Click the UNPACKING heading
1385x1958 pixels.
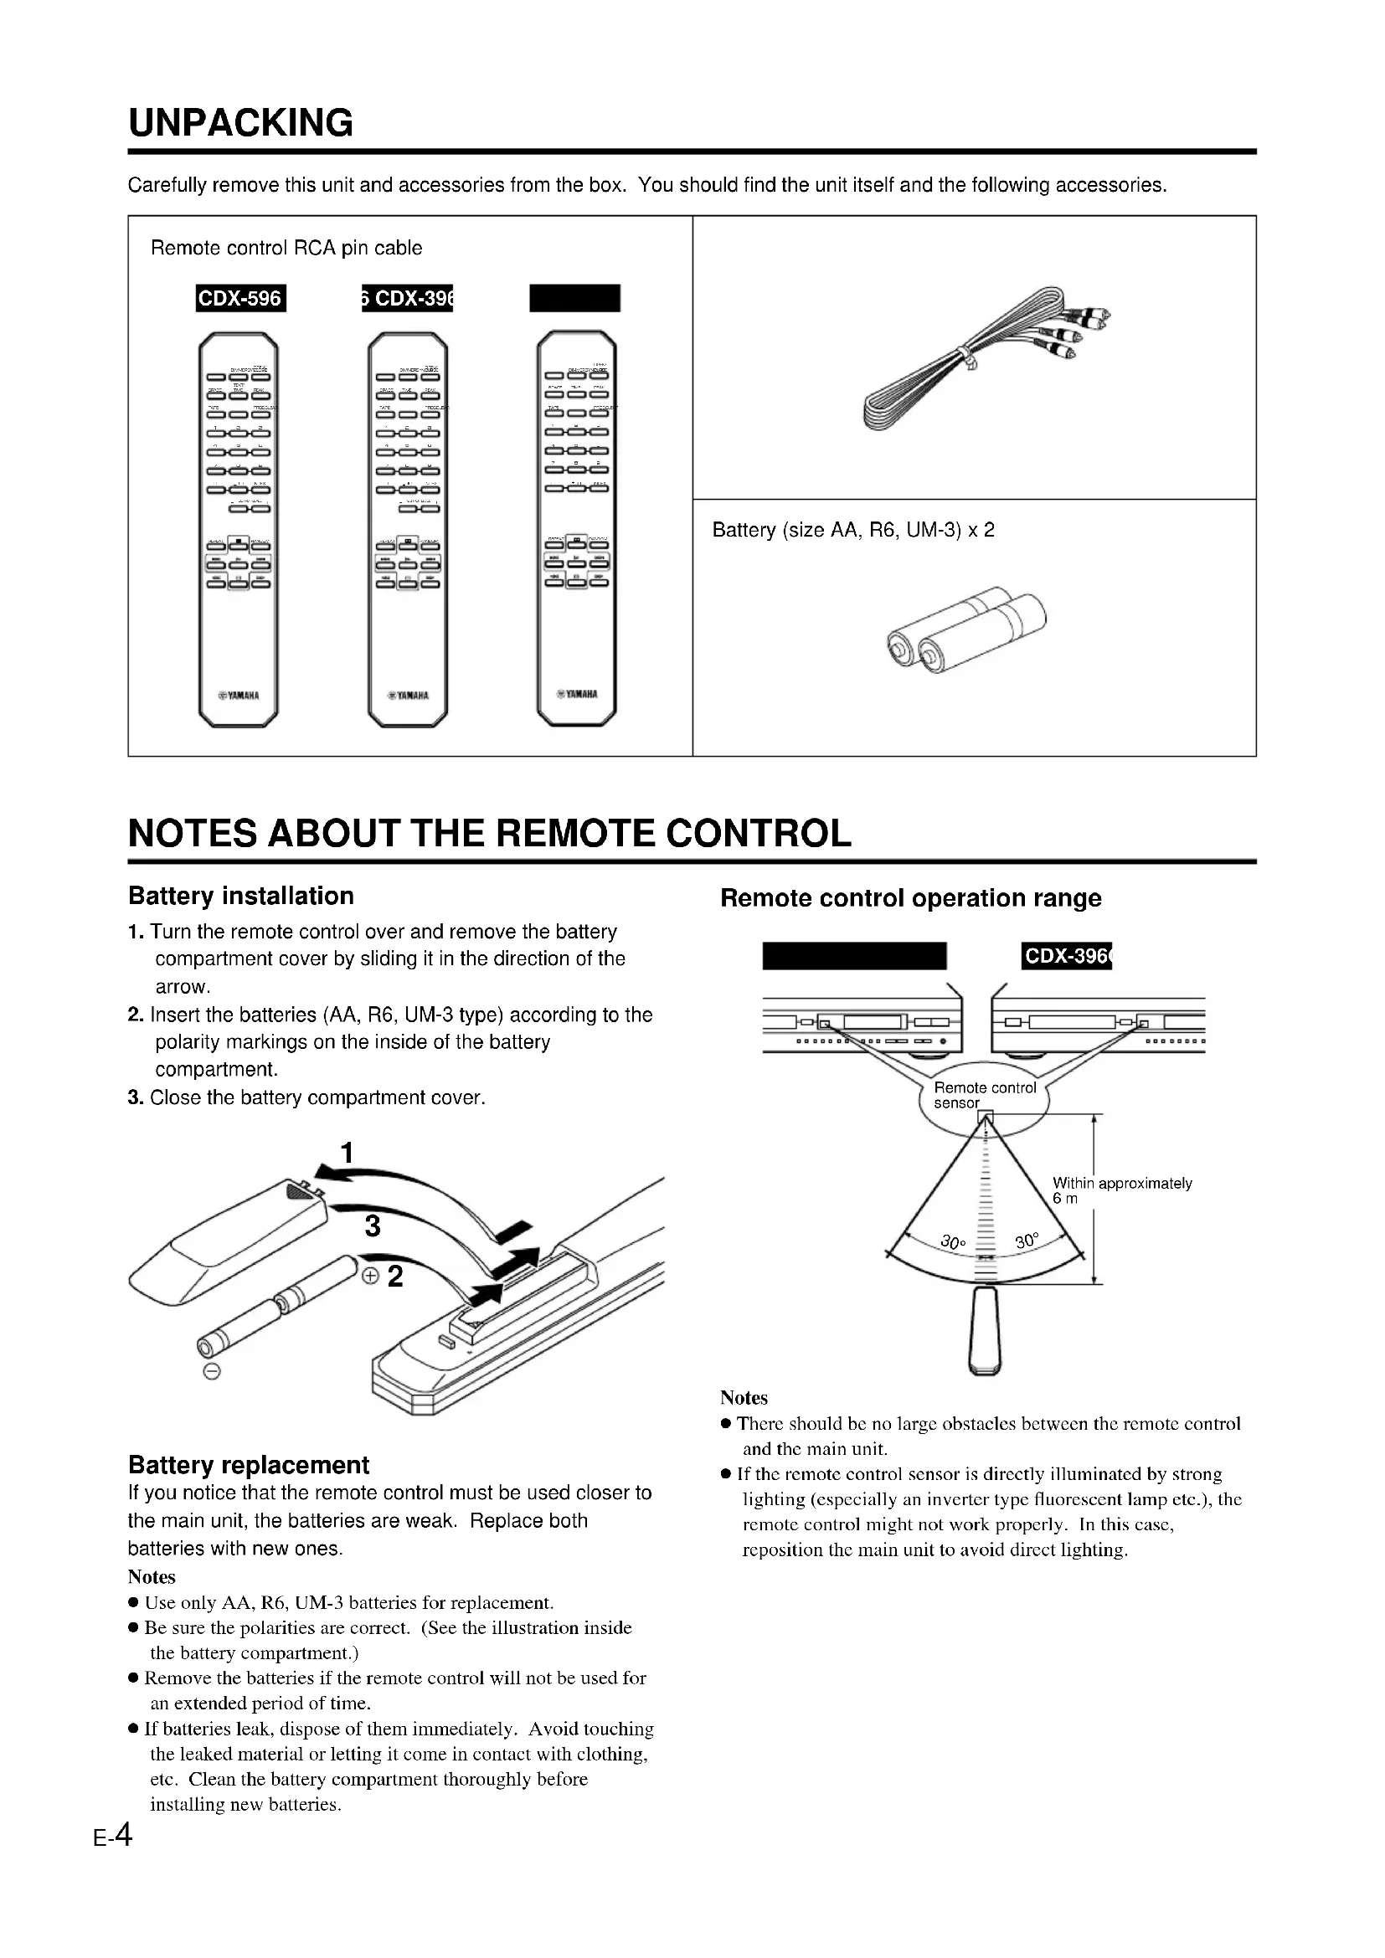pos(240,124)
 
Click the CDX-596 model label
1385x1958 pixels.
pos(239,299)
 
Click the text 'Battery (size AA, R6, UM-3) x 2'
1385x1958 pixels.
pos(852,530)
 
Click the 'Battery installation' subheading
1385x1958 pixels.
pos(240,896)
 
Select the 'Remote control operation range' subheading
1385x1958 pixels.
pos(910,898)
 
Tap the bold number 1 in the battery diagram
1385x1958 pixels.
pos(347,1152)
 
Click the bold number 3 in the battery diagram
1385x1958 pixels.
pos(372,1226)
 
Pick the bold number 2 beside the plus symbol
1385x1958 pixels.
pos(395,1277)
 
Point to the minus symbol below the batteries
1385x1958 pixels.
pos(213,1372)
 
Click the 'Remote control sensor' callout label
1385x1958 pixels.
pos(984,1095)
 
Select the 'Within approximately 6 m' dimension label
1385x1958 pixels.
pos(1120,1190)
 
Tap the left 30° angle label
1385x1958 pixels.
pos(953,1241)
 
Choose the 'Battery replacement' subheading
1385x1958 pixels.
pos(248,1465)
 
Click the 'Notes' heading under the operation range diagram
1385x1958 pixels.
pos(744,1398)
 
